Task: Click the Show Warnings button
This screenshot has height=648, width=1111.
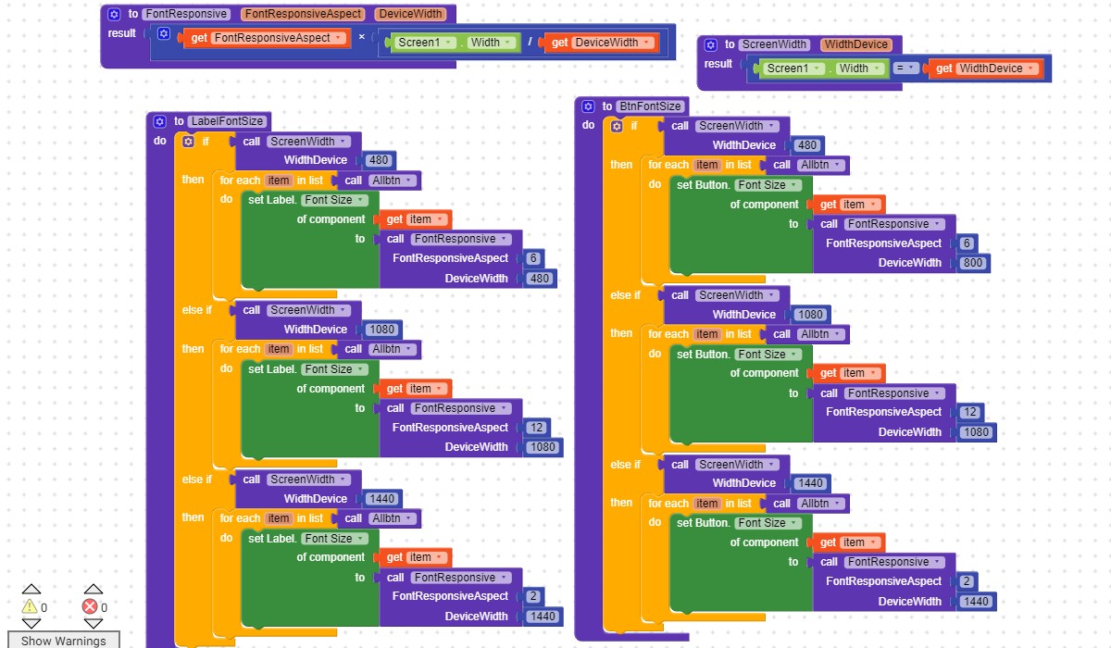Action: pos(64,640)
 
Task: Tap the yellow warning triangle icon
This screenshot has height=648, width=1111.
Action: pos(30,606)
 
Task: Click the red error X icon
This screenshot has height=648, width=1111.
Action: pos(90,606)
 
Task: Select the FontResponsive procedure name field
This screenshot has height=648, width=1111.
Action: pos(186,14)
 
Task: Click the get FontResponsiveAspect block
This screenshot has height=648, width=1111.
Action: pos(267,38)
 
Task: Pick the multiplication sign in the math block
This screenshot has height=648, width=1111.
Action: pos(362,37)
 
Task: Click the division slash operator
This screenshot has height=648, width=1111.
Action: pos(530,43)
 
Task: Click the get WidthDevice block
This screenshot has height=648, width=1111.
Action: pos(985,69)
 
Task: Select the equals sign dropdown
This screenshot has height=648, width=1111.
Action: pos(905,68)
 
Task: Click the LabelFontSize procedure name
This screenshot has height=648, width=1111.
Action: pos(227,121)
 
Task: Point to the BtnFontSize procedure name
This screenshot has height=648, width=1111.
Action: pos(650,106)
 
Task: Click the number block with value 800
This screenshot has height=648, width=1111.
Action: pos(973,263)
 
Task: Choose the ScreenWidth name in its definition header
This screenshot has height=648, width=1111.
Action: pos(774,44)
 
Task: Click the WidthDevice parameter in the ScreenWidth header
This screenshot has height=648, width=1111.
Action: pos(856,44)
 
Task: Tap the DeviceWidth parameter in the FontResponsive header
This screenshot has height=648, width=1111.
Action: pos(411,14)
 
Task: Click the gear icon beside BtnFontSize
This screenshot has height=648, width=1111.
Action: pos(588,106)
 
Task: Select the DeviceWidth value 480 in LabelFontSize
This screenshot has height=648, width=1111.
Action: pos(539,279)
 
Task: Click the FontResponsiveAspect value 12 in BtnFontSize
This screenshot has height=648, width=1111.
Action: pos(969,412)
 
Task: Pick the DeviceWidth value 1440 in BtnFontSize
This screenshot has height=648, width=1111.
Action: pos(976,602)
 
